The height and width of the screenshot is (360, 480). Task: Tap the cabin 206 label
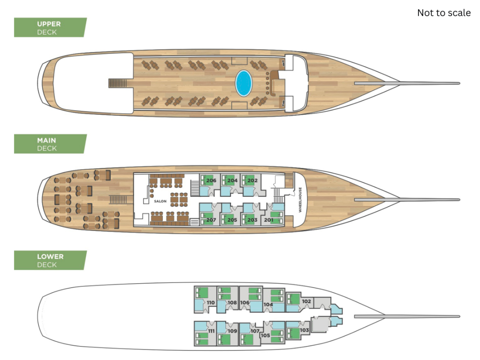(211, 181)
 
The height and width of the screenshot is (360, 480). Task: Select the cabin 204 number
(232, 181)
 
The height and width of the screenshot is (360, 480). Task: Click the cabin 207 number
(211, 220)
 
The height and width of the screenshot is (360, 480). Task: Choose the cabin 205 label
(232, 220)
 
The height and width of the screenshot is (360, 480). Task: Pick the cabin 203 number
(252, 220)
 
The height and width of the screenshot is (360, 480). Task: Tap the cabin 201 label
(268, 220)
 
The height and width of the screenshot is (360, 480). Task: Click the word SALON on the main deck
(160, 201)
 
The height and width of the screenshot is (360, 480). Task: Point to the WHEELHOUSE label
(300, 200)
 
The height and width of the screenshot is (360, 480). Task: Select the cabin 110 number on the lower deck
(211, 302)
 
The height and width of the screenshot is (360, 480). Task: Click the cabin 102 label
(306, 301)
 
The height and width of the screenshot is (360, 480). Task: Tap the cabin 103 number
(304, 330)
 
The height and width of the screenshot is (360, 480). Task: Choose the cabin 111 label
(211, 331)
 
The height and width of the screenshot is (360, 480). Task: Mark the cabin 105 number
(265, 335)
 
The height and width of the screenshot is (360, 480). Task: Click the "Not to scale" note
(444, 13)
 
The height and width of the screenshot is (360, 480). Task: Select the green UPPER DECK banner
(50, 27)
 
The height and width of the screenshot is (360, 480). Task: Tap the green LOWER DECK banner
(50, 261)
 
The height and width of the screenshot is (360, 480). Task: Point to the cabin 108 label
(232, 302)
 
